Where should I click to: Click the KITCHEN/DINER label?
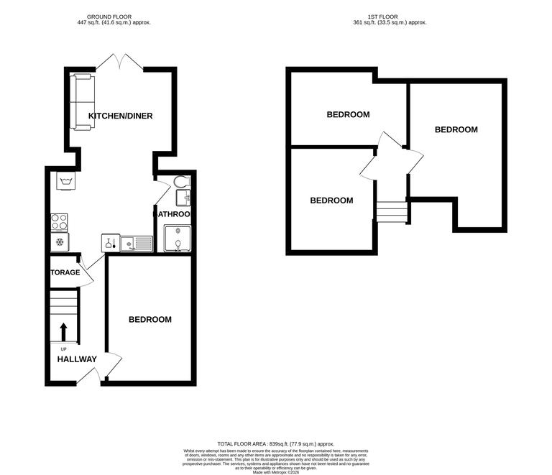120,116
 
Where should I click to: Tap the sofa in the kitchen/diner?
80,101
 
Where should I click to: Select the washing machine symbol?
67,180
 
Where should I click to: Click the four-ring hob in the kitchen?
59,221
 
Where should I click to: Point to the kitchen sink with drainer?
136,244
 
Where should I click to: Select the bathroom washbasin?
185,196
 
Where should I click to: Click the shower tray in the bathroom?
177,239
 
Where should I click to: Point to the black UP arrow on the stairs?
63,332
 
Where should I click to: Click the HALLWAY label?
77,359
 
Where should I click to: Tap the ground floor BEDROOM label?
150,319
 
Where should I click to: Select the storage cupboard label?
65,272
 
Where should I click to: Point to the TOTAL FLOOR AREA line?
275,444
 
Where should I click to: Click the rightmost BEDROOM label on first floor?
456,129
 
